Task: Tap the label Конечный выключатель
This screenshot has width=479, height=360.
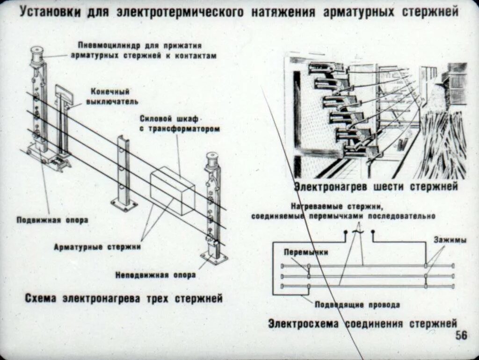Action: (x=111, y=96)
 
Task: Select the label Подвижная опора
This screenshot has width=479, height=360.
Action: (x=52, y=220)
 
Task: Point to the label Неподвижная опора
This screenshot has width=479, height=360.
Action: (x=155, y=275)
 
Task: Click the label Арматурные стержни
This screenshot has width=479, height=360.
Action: (x=97, y=246)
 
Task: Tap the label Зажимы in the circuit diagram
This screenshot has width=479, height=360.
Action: (x=449, y=240)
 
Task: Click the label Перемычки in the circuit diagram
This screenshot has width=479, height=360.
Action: (x=305, y=252)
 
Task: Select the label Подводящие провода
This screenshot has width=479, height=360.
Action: (x=357, y=305)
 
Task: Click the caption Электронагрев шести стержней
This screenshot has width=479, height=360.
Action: (x=376, y=187)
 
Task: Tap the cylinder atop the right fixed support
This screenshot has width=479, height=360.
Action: (x=212, y=159)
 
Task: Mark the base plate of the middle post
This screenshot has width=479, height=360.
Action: (x=124, y=204)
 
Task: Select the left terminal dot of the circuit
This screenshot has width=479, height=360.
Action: (x=346, y=232)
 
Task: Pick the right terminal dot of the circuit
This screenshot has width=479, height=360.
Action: (x=373, y=232)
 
